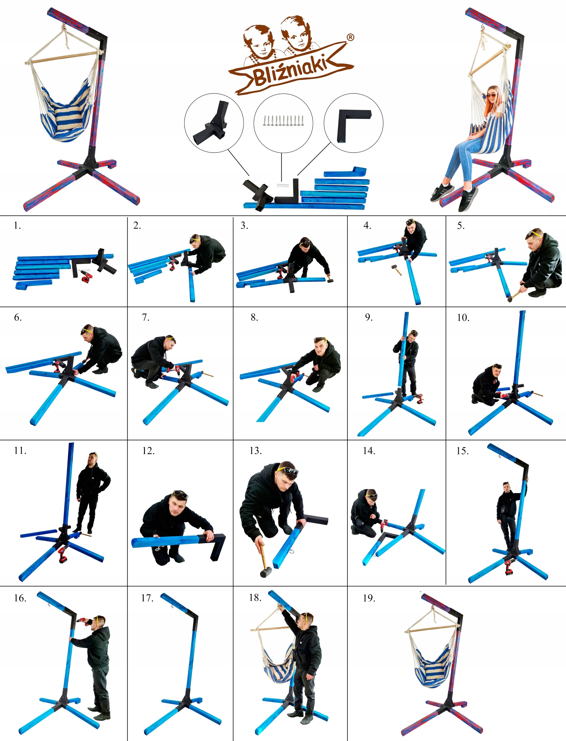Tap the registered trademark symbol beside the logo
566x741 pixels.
[x=350, y=37]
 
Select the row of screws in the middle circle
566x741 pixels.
[x=283, y=120]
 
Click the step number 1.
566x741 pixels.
[x=17, y=225]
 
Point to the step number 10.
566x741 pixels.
[x=463, y=318]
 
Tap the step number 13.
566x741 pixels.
[x=255, y=451]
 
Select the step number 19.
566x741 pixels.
[x=369, y=598]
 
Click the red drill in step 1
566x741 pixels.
[x=86, y=277]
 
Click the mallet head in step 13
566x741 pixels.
[x=266, y=572]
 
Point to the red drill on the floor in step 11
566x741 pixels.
[x=62, y=555]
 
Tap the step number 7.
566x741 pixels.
[x=145, y=317]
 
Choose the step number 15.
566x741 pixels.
[x=462, y=451]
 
